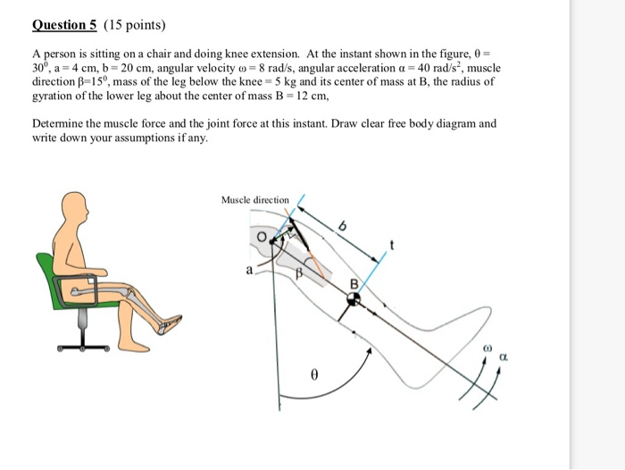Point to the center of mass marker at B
(354, 300)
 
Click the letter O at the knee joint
(262, 238)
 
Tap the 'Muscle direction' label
(255, 200)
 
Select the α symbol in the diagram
(503, 357)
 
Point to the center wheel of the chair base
(85, 344)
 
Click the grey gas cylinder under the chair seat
(85, 323)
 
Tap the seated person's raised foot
(169, 323)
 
